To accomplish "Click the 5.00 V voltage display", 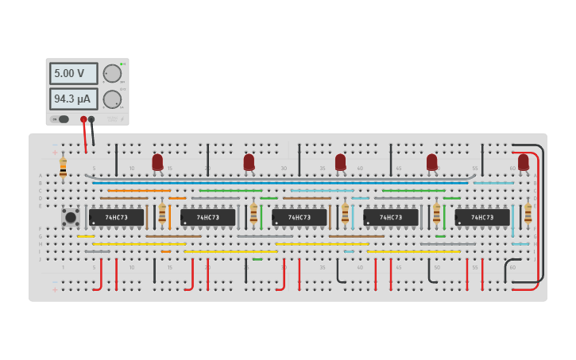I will (73, 73).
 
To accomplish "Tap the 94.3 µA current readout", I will (73, 99).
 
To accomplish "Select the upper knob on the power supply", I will (112, 74).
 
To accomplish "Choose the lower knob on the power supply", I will (112, 99).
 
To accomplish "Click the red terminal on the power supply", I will (83, 119).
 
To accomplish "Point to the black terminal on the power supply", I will (91, 119).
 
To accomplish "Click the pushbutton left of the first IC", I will (70, 216).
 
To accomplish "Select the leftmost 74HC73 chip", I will (116, 217).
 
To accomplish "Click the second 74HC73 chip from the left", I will (207, 217).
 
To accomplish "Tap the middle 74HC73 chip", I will (299, 217).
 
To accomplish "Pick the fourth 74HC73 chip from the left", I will (390, 217).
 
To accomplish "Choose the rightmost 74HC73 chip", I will (481, 217).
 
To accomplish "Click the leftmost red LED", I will (157, 162).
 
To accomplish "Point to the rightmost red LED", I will (523, 162).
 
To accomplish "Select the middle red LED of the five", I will (340, 162).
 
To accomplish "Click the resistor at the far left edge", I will (63, 168).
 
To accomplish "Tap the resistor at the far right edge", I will (528, 213).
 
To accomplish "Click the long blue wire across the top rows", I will (278, 183).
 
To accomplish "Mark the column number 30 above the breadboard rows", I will (284, 168).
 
